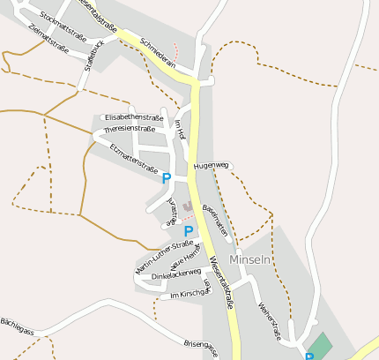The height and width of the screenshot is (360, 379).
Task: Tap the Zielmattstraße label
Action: (48, 39)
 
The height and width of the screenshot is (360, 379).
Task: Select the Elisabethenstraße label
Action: (134, 117)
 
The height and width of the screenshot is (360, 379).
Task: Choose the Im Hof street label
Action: (180, 130)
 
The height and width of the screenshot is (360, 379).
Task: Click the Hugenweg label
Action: (212, 165)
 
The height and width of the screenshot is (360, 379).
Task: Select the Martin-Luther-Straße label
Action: (165, 255)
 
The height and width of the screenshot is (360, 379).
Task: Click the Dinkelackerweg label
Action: (176, 275)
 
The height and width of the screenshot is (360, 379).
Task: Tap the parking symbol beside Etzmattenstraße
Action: (167, 179)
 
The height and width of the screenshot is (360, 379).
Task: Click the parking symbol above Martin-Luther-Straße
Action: (188, 232)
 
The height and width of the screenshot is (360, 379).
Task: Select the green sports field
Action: (321, 344)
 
